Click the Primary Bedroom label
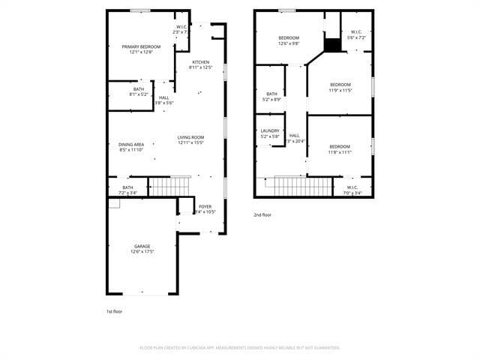click(x=141, y=49)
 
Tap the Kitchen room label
click(x=200, y=64)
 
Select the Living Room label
click(x=190, y=140)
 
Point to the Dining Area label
click(x=131, y=147)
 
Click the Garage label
click(x=142, y=249)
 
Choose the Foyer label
click(x=205, y=208)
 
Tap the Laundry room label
click(x=270, y=133)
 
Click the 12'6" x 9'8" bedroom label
click(x=289, y=40)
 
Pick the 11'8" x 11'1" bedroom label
click(x=339, y=149)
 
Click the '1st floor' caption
click(x=115, y=310)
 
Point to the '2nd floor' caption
click(x=262, y=214)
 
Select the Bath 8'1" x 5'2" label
click(x=139, y=92)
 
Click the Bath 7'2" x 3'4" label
click(x=127, y=190)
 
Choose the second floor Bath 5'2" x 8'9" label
click(x=271, y=97)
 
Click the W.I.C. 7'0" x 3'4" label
click(x=352, y=190)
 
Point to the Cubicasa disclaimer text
click(x=240, y=348)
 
